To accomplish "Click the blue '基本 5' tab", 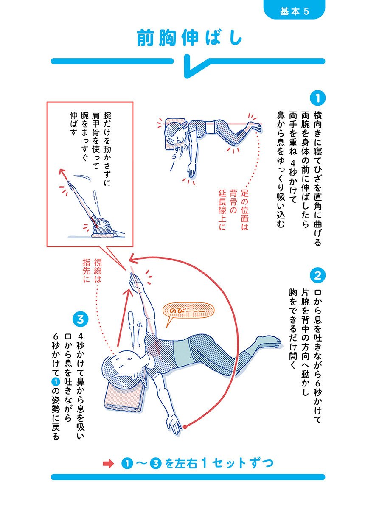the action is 294,10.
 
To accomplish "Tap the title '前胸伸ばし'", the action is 189,38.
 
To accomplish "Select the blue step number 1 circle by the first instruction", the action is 317,98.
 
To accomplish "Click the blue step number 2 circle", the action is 317,275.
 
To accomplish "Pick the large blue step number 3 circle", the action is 80,319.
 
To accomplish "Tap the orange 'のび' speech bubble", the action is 188,311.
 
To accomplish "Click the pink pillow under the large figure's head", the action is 124,396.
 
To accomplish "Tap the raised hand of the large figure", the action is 135,280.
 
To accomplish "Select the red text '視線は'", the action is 97,270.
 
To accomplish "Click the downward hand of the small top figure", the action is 192,171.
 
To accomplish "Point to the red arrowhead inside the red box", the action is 62,172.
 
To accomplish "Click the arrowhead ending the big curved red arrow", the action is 133,259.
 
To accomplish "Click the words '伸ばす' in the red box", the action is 73,124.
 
